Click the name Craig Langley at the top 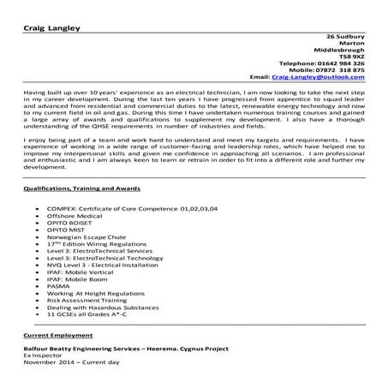52,27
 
